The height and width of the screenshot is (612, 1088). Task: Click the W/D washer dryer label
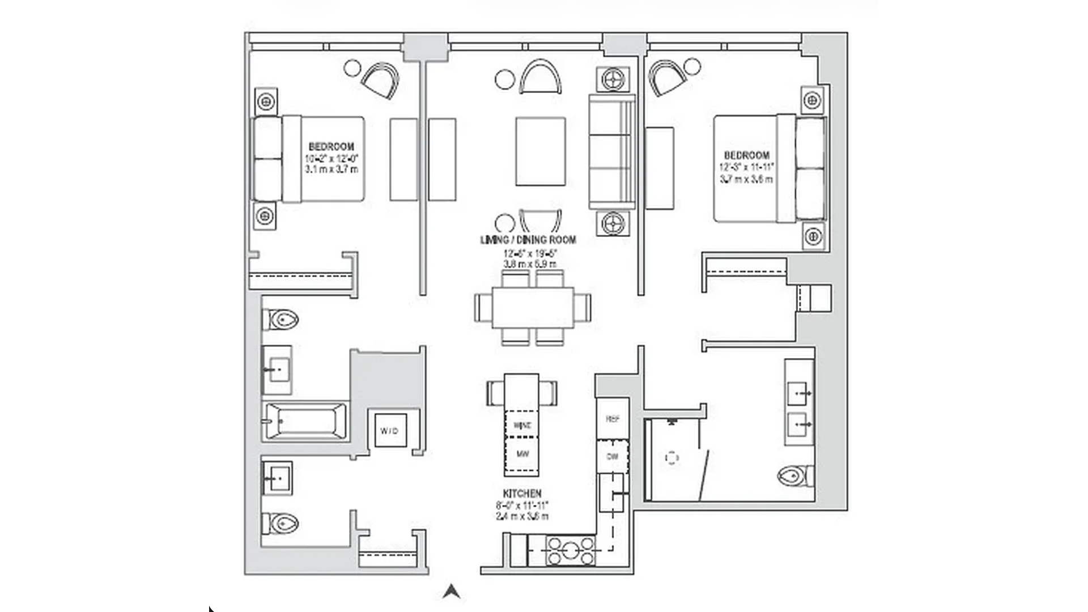(389, 431)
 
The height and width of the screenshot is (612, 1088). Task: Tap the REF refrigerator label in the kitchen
(613, 419)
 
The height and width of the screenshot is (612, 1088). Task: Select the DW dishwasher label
(613, 456)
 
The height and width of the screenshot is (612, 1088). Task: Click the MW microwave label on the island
(522, 454)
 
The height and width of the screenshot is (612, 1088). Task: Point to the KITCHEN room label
(522, 494)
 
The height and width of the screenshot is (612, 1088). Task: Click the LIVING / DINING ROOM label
(528, 240)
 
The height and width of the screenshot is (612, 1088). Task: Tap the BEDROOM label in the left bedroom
(331, 147)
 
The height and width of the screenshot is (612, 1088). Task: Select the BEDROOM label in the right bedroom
(746, 155)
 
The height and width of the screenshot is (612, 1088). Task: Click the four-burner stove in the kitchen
(571, 551)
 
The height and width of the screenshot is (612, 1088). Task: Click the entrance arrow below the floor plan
(451, 592)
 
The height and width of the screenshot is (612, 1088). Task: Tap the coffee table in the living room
(540, 151)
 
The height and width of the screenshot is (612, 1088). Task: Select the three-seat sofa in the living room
(611, 151)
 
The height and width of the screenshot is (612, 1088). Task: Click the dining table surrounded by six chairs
(533, 308)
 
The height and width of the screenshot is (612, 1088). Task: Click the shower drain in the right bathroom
(671, 458)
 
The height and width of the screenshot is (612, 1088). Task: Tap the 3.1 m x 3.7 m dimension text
(331, 169)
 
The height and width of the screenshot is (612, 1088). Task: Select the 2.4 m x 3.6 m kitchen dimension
(522, 516)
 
